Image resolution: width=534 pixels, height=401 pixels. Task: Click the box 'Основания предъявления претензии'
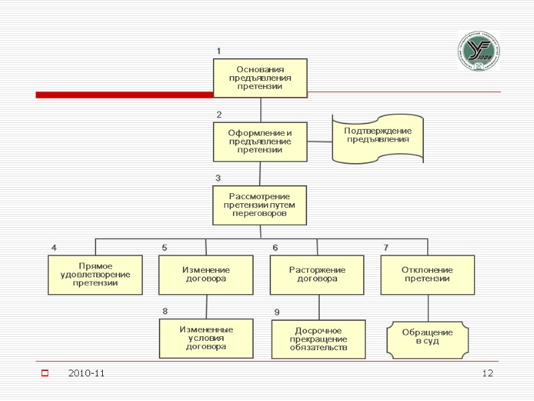pos(260,78)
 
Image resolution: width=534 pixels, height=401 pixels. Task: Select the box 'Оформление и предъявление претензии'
pos(260,142)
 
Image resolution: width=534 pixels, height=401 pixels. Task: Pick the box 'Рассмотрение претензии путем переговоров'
pos(260,205)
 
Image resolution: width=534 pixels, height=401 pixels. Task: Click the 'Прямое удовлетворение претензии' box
pos(95,275)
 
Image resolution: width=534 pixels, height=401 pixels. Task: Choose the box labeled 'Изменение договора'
pos(206,275)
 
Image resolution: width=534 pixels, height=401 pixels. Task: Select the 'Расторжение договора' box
pos(317,275)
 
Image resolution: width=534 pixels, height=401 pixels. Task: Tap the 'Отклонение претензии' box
pos(427,275)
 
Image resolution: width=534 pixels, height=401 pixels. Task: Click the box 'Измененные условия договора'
pos(206,338)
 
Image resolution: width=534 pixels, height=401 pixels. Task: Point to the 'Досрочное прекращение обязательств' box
pos(318,340)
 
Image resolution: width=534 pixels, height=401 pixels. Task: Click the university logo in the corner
pos(478,51)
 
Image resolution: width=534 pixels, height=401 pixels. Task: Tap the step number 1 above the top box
pos(218,51)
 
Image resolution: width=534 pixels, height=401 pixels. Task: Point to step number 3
pos(218,178)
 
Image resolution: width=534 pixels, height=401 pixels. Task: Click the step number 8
pos(165,311)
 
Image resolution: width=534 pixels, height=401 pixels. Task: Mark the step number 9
pos(277,312)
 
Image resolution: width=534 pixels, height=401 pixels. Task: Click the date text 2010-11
pos(86,372)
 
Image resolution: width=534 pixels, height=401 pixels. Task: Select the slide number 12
pos(487,372)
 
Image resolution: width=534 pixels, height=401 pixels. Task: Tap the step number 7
pos(386,248)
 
